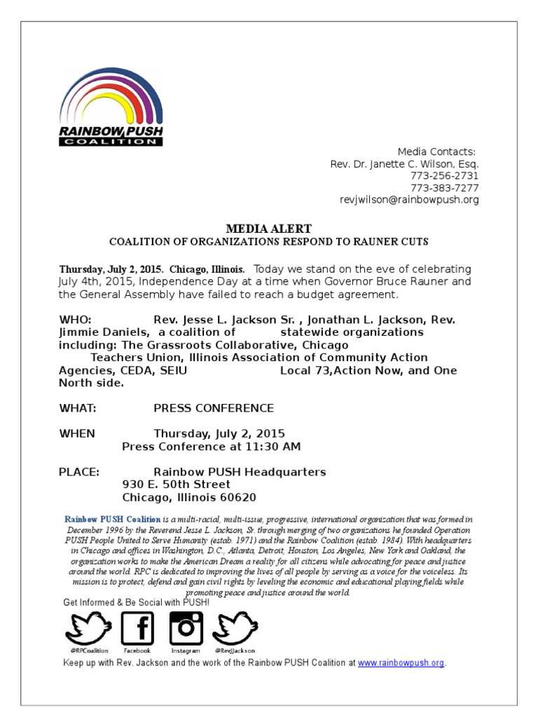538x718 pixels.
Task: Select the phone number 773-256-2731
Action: [444, 176]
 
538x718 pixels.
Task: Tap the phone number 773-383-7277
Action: [444, 188]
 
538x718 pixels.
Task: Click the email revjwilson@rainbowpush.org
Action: [409, 200]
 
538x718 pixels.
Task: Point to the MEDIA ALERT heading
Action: [268, 229]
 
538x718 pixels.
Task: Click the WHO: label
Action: [75, 320]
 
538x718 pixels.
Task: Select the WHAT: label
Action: [77, 408]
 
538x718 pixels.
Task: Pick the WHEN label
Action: [76, 433]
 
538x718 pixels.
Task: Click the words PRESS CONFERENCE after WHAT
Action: [214, 408]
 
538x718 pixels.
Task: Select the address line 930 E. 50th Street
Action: [176, 485]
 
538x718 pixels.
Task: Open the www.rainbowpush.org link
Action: [401, 663]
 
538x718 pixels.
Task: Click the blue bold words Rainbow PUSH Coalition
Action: [113, 520]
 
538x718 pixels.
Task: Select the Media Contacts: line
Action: [436, 151]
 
